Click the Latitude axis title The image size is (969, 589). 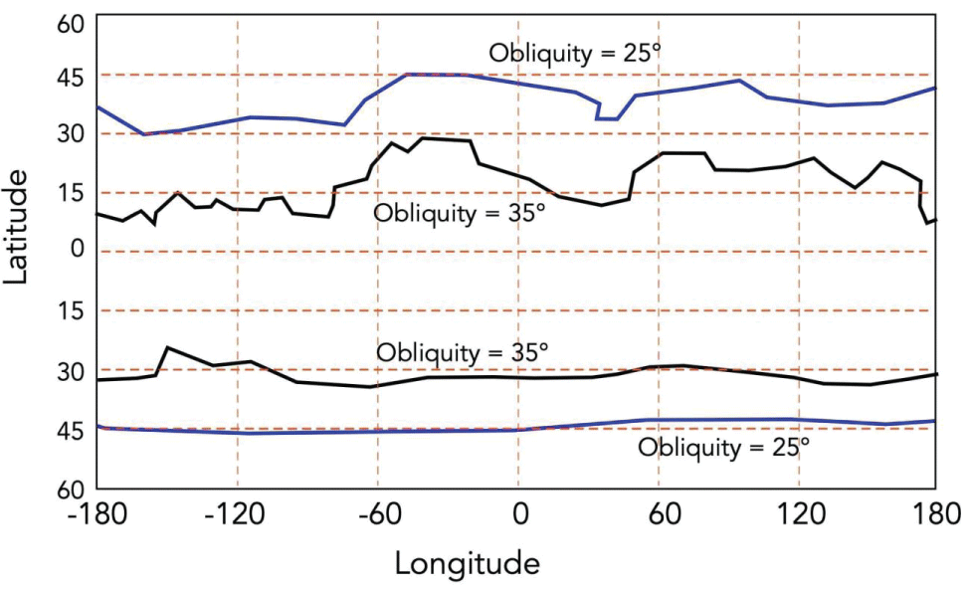tap(17, 227)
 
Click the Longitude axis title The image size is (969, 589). tap(468, 563)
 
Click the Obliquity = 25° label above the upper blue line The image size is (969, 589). tap(574, 53)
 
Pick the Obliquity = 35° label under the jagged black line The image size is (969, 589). tap(460, 213)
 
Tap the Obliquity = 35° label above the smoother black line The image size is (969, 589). tap(462, 352)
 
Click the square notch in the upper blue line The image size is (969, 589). tap(607, 113)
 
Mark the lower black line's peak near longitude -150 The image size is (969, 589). tap(167, 347)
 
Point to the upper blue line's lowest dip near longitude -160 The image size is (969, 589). tap(144, 134)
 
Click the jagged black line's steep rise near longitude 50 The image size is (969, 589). tap(632, 184)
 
